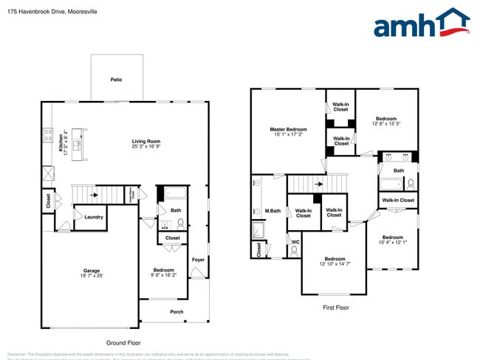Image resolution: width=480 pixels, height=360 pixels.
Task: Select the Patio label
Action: click(116, 80)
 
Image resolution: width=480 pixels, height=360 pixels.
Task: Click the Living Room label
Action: click(146, 141)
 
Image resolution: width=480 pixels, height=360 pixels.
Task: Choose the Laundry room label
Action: click(93, 217)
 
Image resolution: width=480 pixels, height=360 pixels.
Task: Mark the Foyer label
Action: click(198, 260)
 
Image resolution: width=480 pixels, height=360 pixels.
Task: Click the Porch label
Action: click(176, 311)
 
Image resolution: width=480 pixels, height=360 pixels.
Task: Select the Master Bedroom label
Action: click(288, 130)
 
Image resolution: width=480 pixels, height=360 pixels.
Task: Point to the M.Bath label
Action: click(272, 212)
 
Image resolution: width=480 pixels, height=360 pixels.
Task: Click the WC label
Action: click(295, 241)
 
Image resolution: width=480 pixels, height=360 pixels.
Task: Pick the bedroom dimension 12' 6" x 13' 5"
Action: click(386, 124)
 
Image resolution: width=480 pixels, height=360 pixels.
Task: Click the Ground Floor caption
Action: click(123, 343)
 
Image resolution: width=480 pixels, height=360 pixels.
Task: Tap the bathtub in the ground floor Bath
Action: click(175, 195)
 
